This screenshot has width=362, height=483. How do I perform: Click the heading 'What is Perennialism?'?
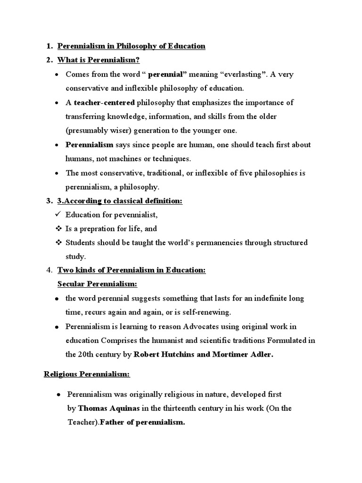tap(99, 60)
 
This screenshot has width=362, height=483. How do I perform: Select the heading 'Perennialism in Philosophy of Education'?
tap(131, 46)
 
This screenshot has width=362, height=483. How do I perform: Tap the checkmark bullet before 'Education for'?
tap(59, 215)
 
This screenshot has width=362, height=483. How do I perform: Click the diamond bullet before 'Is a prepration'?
tap(59, 228)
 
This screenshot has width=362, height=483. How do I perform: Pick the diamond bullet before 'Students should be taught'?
tap(59, 242)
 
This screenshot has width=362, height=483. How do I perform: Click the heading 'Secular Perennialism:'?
tap(97, 284)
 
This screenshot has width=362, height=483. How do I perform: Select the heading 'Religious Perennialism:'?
tap(87, 374)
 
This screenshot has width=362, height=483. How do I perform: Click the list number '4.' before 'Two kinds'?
tap(49, 270)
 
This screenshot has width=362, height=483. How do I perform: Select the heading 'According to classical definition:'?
tap(123, 201)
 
